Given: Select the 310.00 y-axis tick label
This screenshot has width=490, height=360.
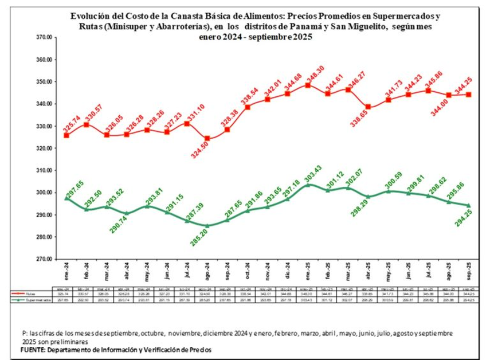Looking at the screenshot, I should (44, 171).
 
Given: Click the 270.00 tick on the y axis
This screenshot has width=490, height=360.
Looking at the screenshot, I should (44, 259).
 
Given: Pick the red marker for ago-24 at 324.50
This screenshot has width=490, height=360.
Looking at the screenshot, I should (207, 138).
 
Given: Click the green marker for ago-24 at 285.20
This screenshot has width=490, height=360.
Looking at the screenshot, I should (207, 225).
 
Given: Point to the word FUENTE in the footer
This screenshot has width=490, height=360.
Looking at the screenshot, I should (33, 349).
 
